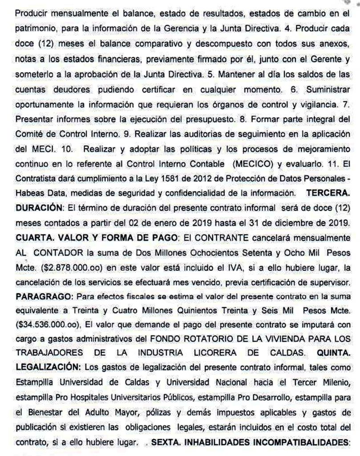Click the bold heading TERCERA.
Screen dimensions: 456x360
point(328,194)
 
